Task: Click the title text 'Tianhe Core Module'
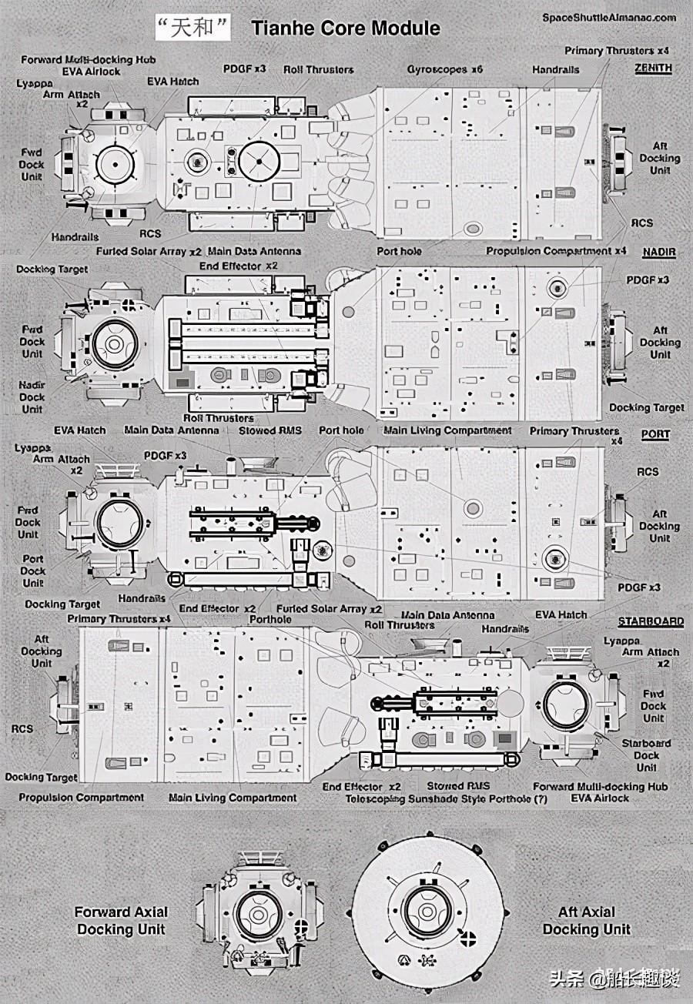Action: click(346, 29)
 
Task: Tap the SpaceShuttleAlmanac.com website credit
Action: click(609, 17)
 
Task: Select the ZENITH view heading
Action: click(653, 68)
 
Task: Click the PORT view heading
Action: click(655, 434)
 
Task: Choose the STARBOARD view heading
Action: click(651, 621)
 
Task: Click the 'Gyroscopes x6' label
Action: click(445, 69)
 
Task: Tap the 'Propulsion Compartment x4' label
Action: click(556, 251)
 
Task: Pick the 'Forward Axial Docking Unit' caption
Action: click(121, 921)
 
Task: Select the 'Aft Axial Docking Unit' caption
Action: click(587, 921)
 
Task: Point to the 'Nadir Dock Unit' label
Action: click(32, 397)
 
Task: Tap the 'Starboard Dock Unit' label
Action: click(647, 755)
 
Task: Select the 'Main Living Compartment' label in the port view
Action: click(447, 430)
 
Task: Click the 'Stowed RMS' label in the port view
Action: click(269, 430)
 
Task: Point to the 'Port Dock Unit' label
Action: click(33, 571)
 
